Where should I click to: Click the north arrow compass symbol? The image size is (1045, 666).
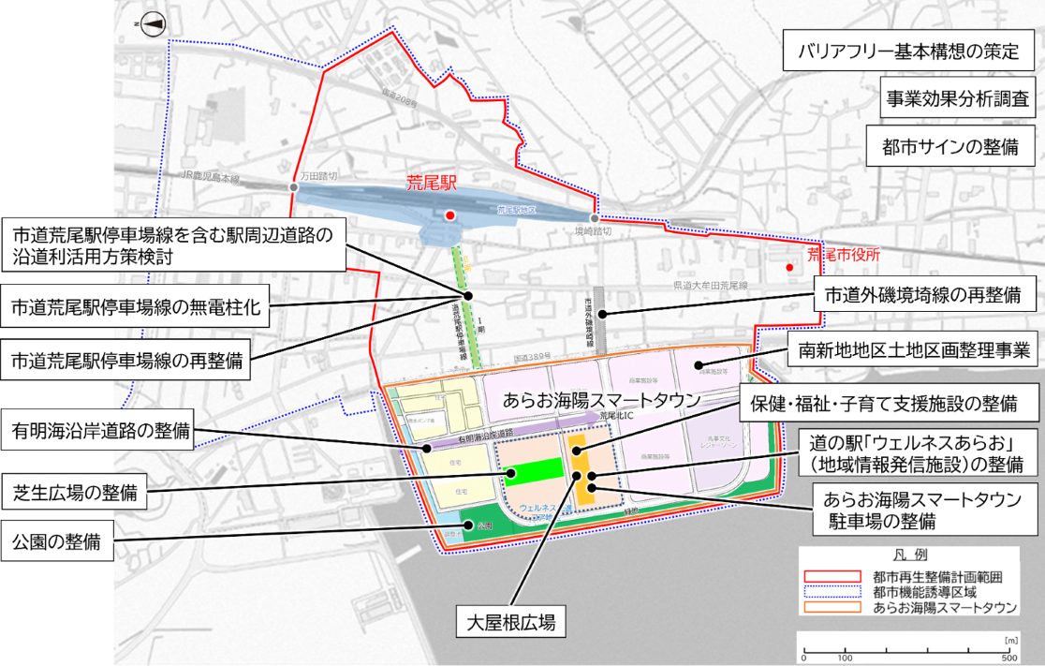pyautogui.click(x=148, y=25)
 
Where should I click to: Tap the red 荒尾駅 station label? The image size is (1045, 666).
pyautogui.click(x=430, y=184)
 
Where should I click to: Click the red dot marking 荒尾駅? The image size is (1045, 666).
pyautogui.click(x=450, y=215)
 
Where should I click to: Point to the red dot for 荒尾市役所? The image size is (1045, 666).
pyautogui.click(x=789, y=267)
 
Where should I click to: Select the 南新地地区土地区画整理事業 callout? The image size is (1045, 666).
pyautogui.click(x=913, y=350)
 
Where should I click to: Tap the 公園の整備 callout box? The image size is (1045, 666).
pyautogui.click(x=59, y=540)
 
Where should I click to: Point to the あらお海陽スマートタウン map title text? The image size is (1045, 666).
pyautogui.click(x=601, y=398)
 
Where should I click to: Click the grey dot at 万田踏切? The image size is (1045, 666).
pyautogui.click(x=294, y=188)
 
